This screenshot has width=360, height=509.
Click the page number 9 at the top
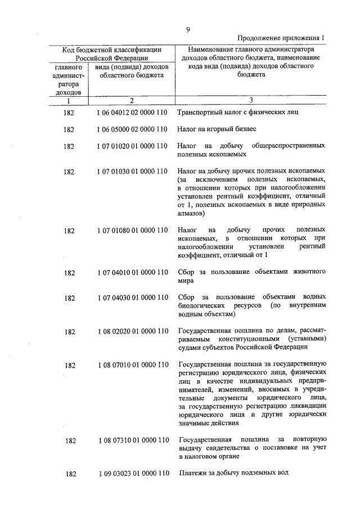point(188,29)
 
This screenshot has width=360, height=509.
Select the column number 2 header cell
point(131,101)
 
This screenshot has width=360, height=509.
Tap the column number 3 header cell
point(251,101)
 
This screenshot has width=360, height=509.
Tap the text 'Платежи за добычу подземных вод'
point(233,474)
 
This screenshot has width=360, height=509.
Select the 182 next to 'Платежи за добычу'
point(69,474)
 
